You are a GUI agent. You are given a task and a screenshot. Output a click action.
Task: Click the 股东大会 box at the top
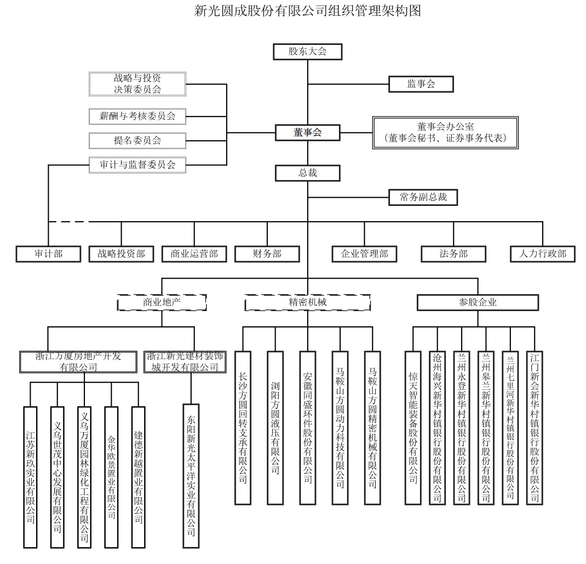pyautogui.click(x=308, y=52)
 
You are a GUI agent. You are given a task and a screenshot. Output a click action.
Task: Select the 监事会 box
pyautogui.click(x=421, y=84)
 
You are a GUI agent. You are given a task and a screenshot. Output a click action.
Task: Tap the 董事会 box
pyautogui.click(x=307, y=133)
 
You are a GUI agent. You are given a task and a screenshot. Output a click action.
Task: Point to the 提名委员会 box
pyautogui.click(x=137, y=140)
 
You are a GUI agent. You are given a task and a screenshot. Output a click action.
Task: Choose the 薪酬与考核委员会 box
pyautogui.click(x=137, y=116)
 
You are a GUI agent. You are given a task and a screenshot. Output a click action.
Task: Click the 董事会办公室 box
pyautogui.click(x=444, y=132)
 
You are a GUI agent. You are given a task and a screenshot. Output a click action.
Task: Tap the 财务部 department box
pyautogui.click(x=267, y=254)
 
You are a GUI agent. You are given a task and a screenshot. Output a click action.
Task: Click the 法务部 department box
pyautogui.click(x=453, y=254)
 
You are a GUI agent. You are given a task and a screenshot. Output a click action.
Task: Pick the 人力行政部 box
pyautogui.click(x=542, y=254)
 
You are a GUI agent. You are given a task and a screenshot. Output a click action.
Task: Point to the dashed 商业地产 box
pyautogui.click(x=162, y=302)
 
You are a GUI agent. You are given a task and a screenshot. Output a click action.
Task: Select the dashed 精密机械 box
pyautogui.click(x=307, y=302)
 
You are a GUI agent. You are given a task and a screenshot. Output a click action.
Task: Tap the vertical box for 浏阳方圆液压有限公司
pyautogui.click(x=275, y=427)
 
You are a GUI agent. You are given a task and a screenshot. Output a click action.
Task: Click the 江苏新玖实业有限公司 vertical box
pyautogui.click(x=31, y=476)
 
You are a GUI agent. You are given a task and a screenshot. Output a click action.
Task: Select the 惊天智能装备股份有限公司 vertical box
pyautogui.click(x=413, y=427)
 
